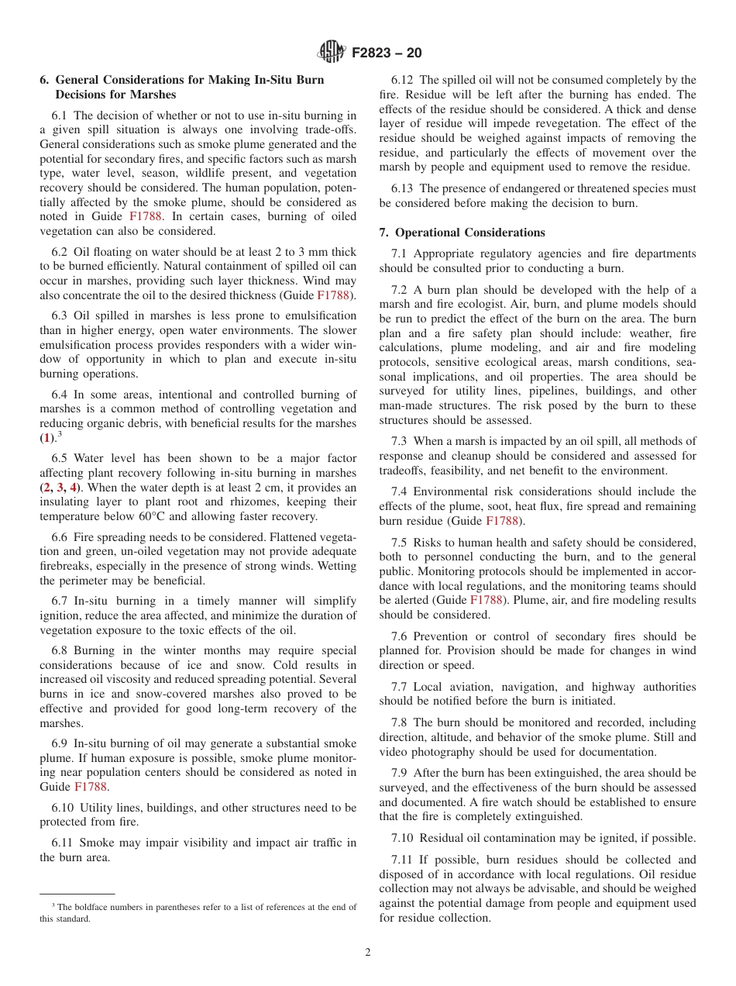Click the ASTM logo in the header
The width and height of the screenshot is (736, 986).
[331, 53]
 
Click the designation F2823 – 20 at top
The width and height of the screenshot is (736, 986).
[387, 53]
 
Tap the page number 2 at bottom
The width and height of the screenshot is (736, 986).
[368, 953]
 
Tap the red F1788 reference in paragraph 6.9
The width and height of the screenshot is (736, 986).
[91, 786]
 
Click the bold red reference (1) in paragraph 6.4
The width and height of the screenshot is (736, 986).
[46, 438]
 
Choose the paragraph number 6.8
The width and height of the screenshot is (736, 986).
[61, 651]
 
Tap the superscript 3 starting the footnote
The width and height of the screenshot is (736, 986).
[53, 905]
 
